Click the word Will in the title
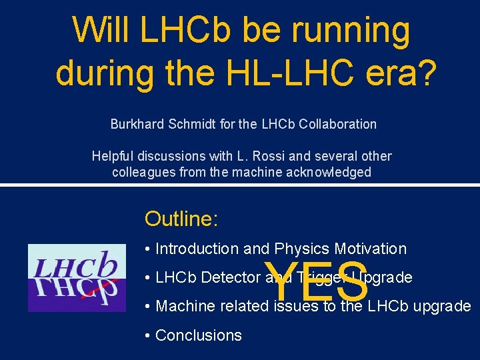point(100,30)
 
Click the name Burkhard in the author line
point(137,124)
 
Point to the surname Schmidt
point(192,124)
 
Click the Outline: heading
point(181,219)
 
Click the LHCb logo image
point(77,277)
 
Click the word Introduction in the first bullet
point(197,249)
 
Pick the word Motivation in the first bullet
point(371,249)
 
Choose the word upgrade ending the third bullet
point(443,307)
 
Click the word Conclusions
point(198,335)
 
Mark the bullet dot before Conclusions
point(147,335)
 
